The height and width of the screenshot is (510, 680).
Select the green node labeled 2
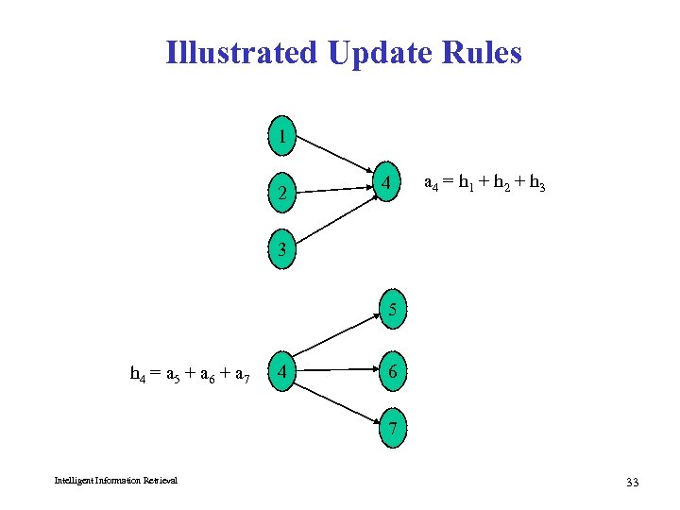280,195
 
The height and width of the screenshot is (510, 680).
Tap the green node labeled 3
280,250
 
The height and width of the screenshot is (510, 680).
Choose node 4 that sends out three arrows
280,371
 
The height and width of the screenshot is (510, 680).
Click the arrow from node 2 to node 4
332,191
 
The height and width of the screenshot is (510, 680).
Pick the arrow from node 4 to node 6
336,371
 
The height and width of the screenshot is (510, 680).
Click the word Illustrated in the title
241,52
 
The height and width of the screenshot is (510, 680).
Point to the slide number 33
632,483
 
